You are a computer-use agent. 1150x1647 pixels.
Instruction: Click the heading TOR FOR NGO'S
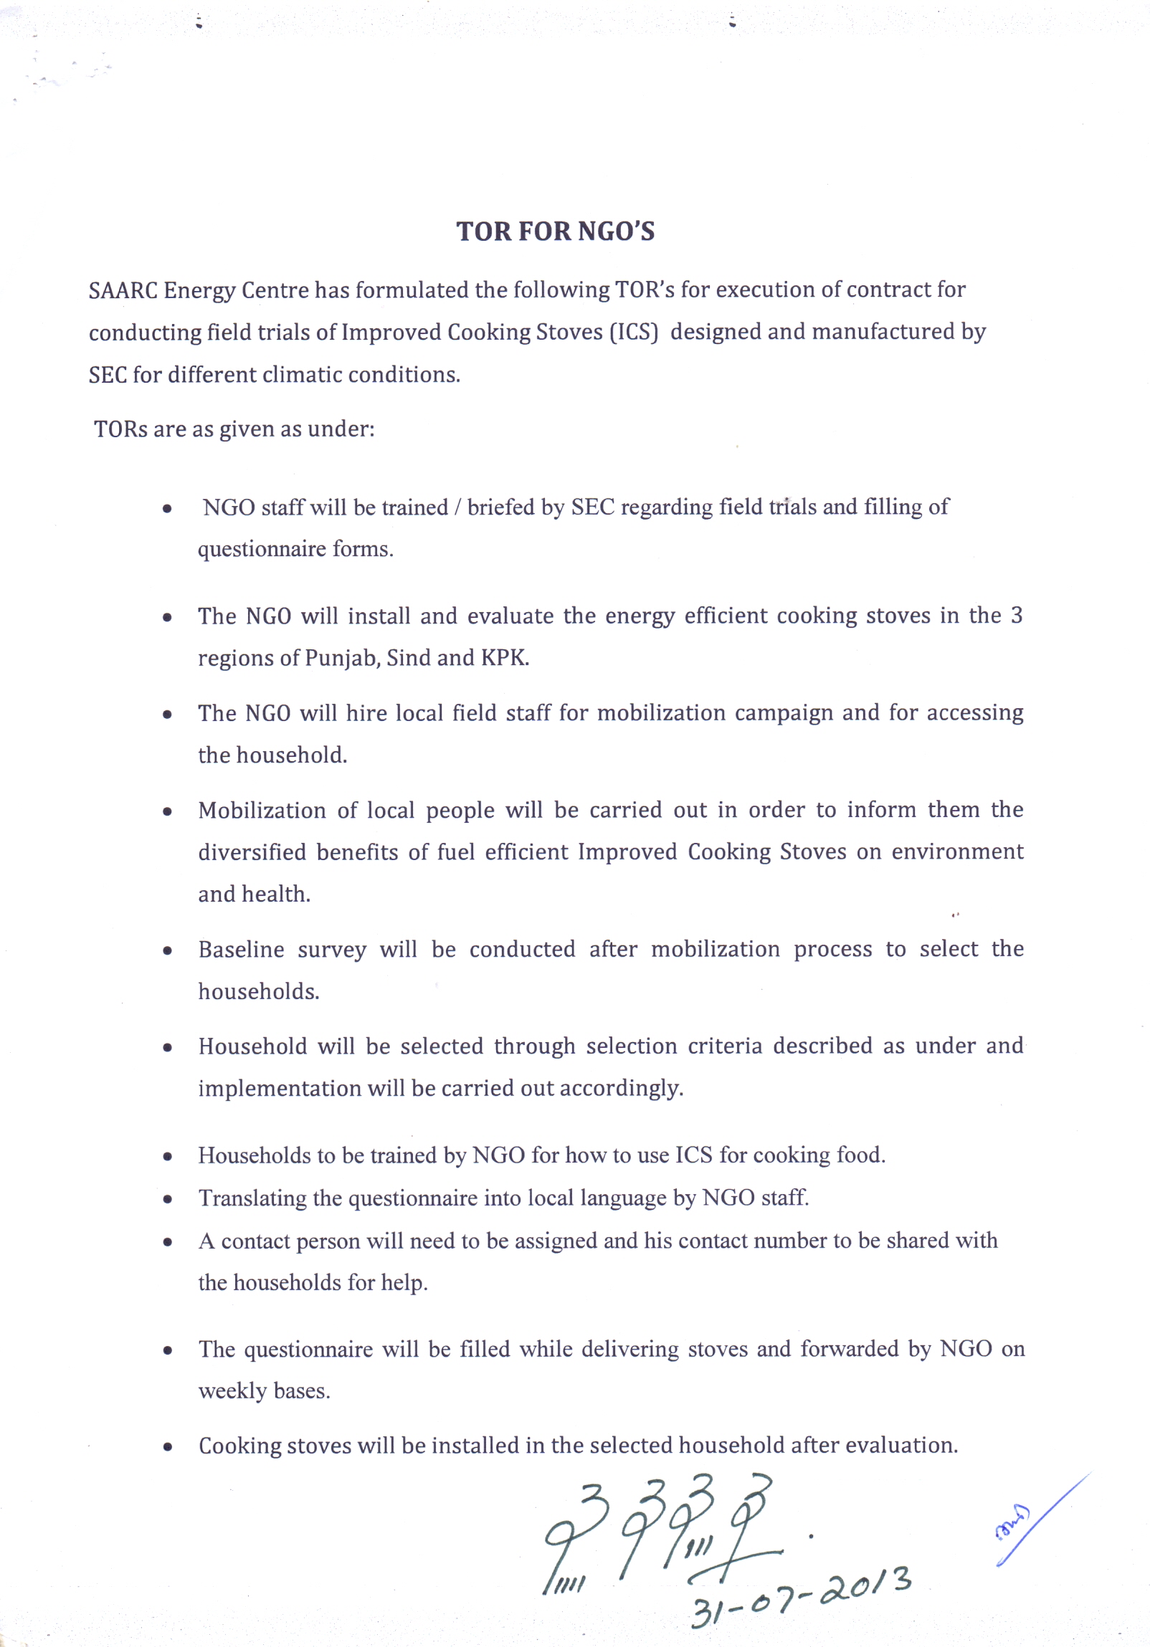555,231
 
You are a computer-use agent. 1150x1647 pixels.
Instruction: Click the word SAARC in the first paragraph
123,290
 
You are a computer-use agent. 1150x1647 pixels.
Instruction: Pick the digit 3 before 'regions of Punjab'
1016,616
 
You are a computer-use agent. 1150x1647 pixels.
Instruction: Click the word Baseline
241,949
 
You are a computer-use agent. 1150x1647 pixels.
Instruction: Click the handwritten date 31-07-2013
800,1596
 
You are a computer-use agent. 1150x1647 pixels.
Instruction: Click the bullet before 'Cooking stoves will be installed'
167,1447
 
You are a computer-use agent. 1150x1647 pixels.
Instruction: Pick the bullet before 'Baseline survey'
167,951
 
